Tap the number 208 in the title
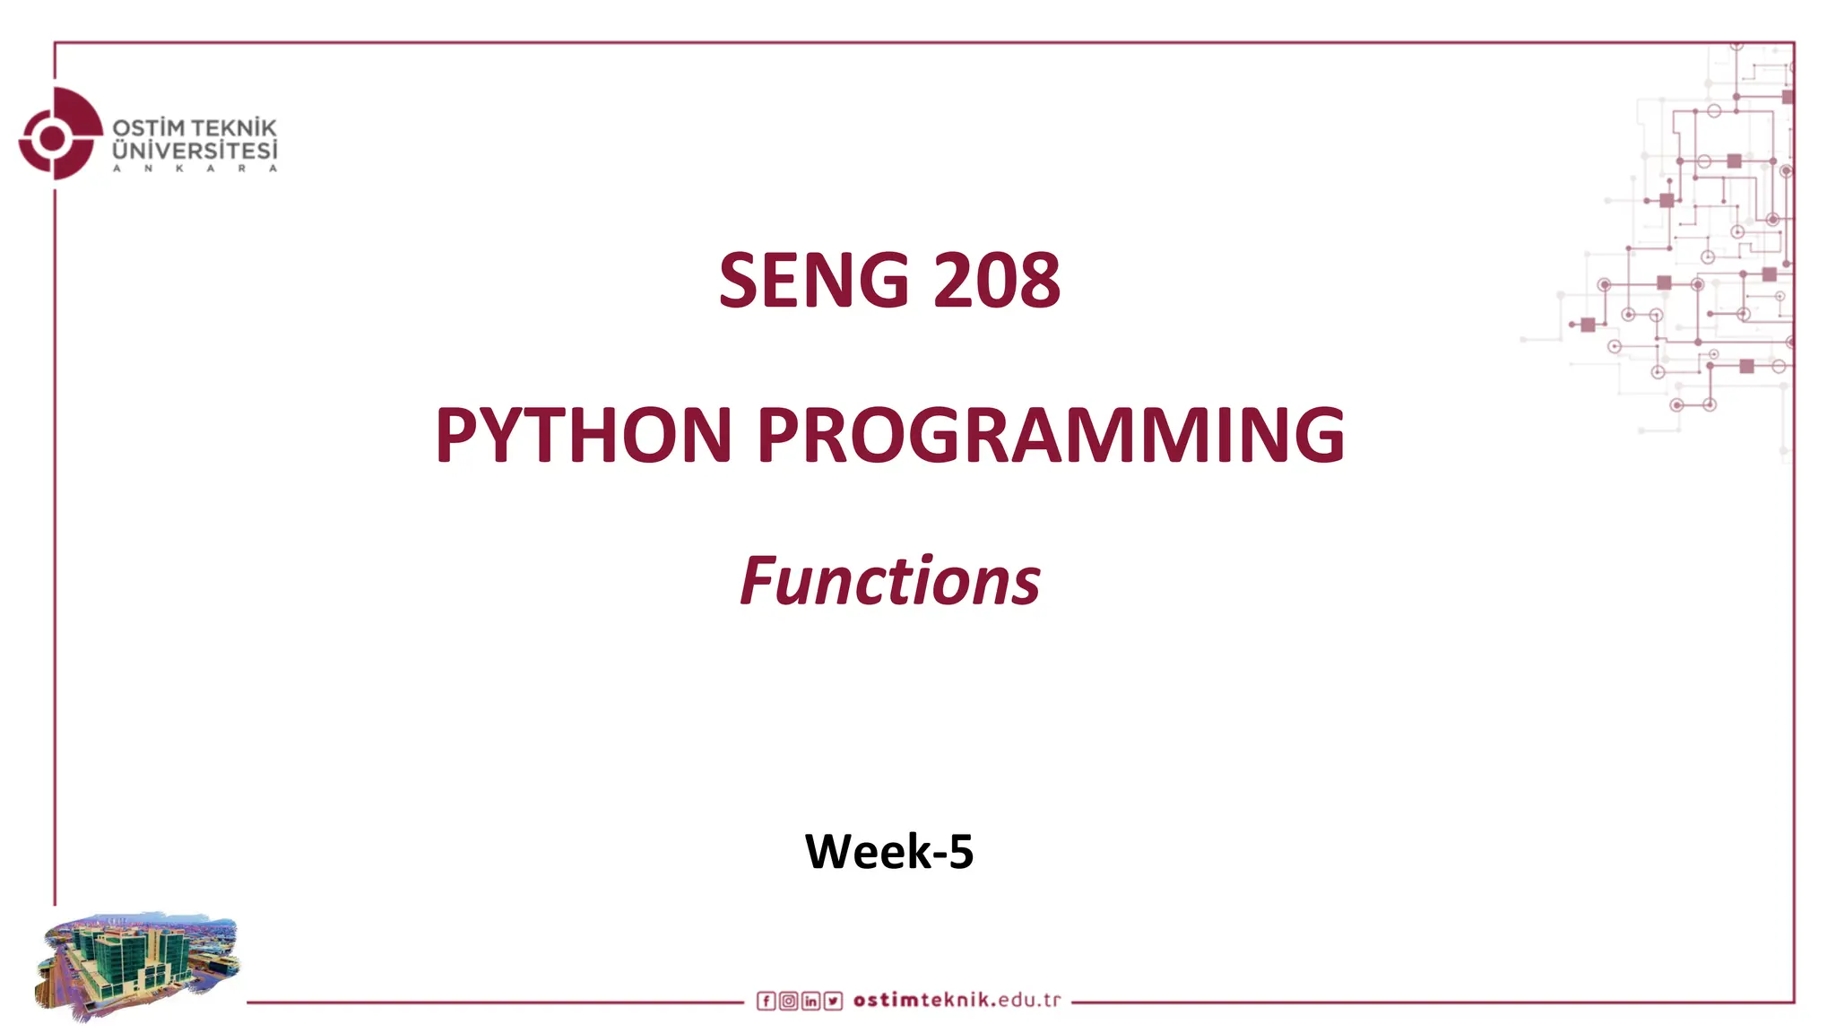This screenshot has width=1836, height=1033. coord(996,281)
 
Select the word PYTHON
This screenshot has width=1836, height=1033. coord(584,435)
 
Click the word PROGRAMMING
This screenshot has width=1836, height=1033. coord(1051,435)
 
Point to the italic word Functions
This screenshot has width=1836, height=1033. coord(889,581)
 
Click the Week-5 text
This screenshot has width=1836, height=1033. coord(888,851)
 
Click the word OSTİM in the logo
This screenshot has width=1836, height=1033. coord(148,129)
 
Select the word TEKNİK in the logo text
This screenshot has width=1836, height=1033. coord(234,129)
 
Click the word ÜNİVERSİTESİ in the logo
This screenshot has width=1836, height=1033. coord(195,152)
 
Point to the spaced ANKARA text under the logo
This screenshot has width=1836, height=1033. coord(195,169)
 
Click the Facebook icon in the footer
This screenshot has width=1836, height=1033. coord(766,1001)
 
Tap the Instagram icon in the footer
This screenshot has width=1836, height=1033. coord(788,1001)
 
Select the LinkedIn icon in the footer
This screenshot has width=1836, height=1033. coord(810,1001)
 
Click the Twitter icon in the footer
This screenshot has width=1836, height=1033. coord(833,1001)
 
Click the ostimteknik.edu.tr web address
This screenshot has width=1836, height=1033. coord(957,1000)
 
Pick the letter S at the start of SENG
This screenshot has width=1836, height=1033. coord(740,281)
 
